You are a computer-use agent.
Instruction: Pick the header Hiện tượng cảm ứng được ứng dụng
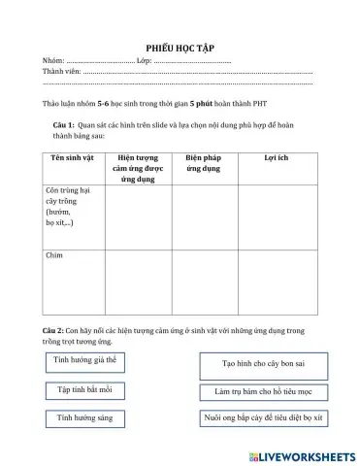click(x=138, y=167)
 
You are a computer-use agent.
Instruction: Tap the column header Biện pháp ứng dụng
click(x=206, y=161)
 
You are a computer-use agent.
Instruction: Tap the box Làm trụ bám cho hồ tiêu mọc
click(x=259, y=393)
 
